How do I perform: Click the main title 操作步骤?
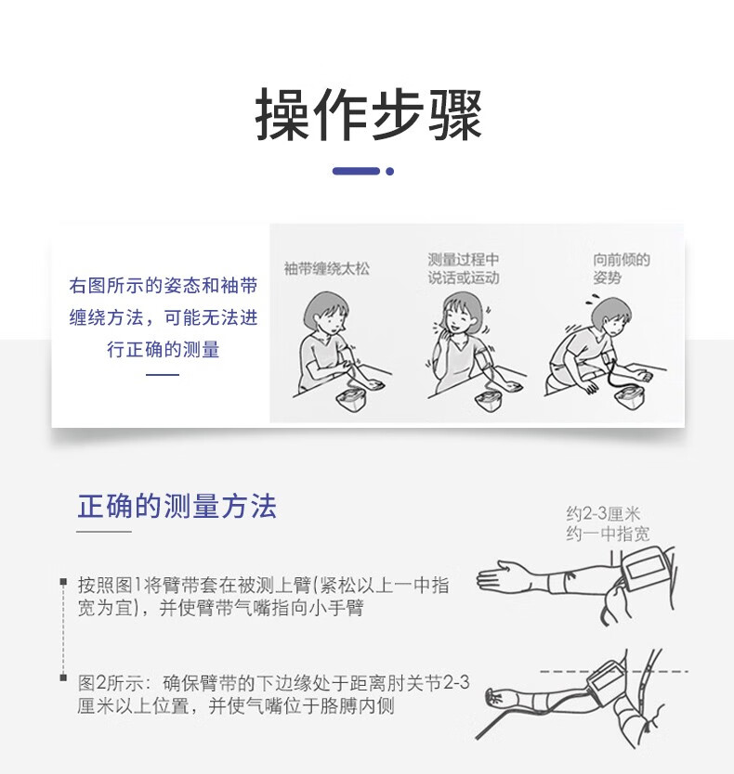(x=368, y=115)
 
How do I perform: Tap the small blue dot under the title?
(x=390, y=172)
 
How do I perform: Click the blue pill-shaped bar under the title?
(x=356, y=172)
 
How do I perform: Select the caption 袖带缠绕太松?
(x=327, y=269)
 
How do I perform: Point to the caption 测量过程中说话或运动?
(x=464, y=268)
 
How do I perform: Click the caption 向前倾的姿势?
(x=622, y=268)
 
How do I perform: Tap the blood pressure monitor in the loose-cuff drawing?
(x=352, y=399)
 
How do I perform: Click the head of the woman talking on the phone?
(x=463, y=313)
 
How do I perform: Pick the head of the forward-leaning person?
(x=611, y=316)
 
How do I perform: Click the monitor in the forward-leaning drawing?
(x=630, y=398)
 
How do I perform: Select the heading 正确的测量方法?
(x=177, y=506)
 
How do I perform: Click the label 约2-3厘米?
(x=603, y=514)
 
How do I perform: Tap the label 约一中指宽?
(x=608, y=534)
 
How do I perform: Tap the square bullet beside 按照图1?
(x=63, y=582)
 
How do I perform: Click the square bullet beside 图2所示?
(x=63, y=677)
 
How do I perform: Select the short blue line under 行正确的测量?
(x=163, y=375)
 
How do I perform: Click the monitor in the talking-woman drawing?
(x=491, y=399)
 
